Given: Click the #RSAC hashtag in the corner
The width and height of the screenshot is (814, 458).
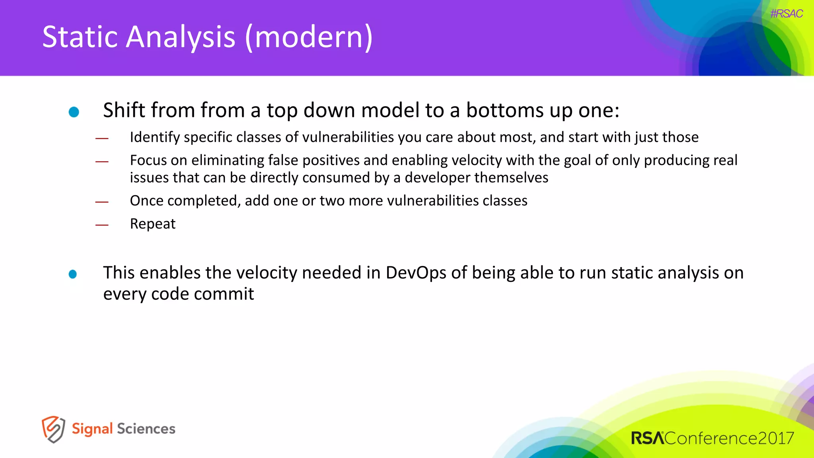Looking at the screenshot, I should (786, 14).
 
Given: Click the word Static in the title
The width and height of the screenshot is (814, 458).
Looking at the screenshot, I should (79, 37).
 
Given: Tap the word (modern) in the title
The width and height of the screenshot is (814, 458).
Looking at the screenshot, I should (309, 37).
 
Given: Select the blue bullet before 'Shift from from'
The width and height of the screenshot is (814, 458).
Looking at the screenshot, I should (74, 112).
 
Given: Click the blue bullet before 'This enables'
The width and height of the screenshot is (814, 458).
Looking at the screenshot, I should (73, 274).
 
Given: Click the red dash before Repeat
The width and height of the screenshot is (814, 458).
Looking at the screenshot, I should (102, 225).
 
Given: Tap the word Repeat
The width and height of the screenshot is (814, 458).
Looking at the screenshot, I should (153, 224).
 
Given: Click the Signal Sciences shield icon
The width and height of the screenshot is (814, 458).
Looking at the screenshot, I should (53, 429).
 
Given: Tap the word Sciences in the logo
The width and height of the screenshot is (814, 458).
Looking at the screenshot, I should (146, 429).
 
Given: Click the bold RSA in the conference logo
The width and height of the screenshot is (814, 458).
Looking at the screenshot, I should (647, 439).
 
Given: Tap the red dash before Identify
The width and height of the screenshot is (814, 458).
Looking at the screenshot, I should (102, 138).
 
